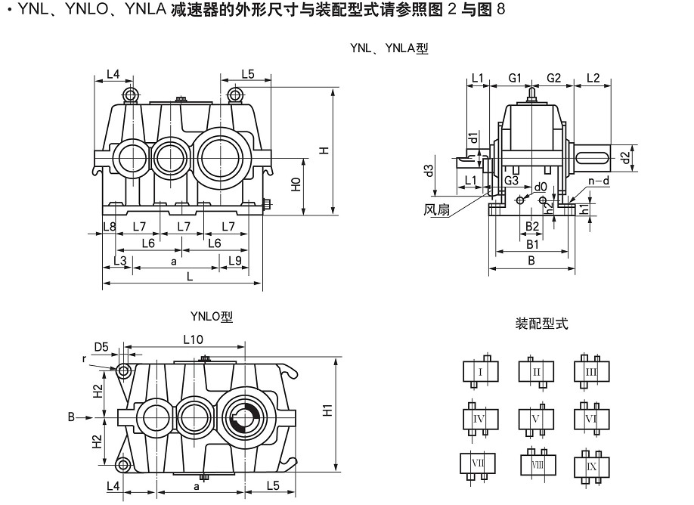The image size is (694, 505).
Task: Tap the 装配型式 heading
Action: pos(541,324)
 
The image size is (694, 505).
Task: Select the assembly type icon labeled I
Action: pos(480,372)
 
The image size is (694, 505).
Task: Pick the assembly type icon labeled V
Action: pos(536,418)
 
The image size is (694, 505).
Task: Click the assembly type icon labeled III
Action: pos(592,372)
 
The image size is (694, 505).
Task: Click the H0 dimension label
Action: pos(297,184)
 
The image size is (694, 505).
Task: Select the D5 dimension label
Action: pos(101,347)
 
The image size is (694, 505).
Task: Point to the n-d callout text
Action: pos(599,181)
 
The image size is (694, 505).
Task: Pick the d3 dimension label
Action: pos(429,171)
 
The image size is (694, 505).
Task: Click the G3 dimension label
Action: pos(512,180)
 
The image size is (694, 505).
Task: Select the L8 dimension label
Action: pos(109,227)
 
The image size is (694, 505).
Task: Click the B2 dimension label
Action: pos(531,226)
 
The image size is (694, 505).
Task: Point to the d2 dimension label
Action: pos(624,157)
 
